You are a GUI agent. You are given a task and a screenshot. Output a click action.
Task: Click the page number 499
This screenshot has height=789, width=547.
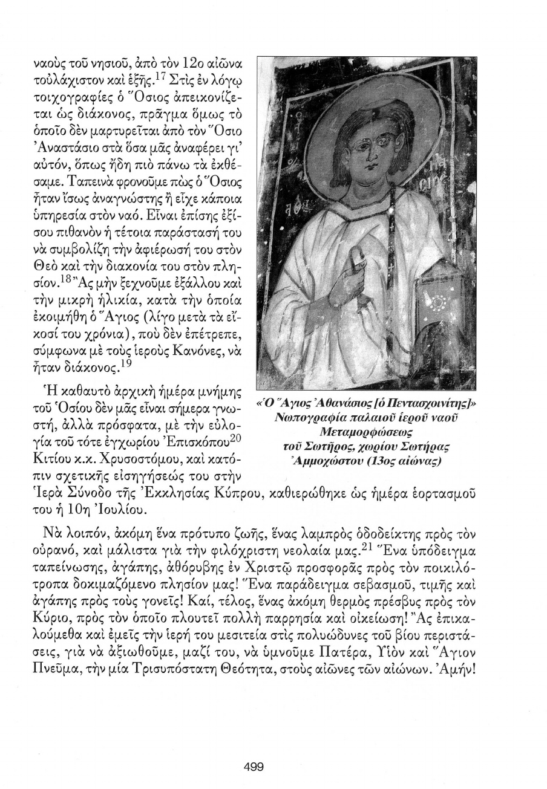(x=254, y=767)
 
